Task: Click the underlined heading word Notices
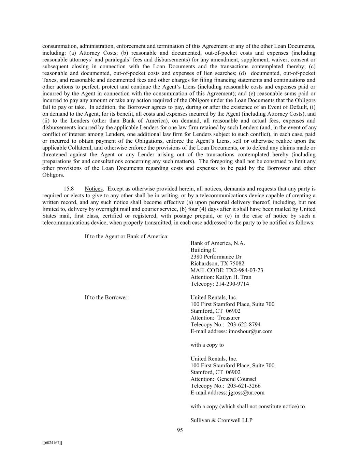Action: click(93, 189)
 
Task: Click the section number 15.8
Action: click(69, 189)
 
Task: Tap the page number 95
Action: click(180, 430)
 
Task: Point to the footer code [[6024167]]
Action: click(52, 443)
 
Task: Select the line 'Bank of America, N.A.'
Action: click(218, 243)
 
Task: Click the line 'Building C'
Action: click(203, 250)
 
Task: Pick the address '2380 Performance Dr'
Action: click(216, 257)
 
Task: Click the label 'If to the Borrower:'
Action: click(107, 297)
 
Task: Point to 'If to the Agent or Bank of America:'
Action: click(127, 236)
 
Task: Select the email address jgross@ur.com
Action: click(246, 393)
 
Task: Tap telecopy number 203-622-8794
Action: click(244, 324)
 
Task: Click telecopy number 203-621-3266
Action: click(244, 386)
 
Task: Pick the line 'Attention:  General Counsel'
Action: click(223, 379)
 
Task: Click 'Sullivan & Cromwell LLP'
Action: click(221, 420)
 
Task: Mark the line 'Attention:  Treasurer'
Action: click(215, 318)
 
